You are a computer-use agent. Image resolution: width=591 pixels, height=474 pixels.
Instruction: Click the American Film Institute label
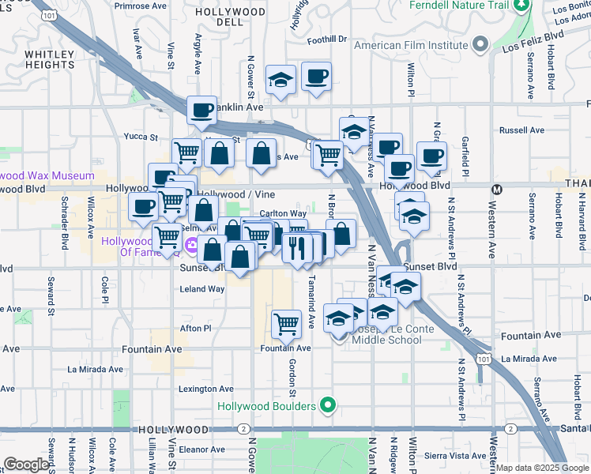pos(411,45)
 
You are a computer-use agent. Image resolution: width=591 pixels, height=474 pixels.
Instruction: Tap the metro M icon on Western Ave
pos(497,189)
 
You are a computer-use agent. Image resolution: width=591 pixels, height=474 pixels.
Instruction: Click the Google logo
pos(26,465)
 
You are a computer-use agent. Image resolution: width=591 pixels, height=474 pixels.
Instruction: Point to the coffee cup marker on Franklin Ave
pos(202,110)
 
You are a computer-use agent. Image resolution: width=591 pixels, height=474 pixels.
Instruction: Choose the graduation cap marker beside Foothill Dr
pos(280,79)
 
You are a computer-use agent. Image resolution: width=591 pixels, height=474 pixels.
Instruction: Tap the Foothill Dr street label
pos(327,39)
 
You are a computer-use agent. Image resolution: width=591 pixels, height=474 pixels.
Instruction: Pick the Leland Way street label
pos(202,289)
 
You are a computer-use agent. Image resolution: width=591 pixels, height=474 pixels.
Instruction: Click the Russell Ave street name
pos(521,130)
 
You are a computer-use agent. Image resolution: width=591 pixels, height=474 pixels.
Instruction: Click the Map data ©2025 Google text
pos(542,468)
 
